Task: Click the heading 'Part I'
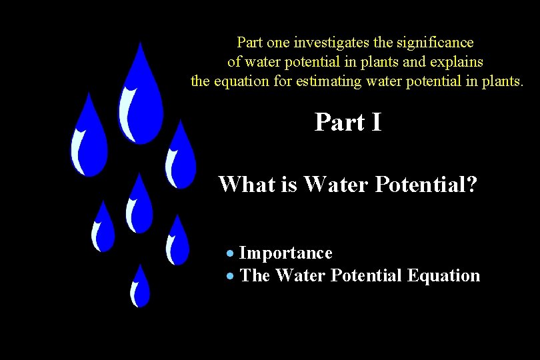click(348, 122)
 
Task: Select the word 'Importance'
click(285, 253)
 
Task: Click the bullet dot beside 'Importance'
click(230, 254)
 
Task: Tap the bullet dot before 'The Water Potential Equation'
click(230, 276)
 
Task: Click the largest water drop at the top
click(140, 100)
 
